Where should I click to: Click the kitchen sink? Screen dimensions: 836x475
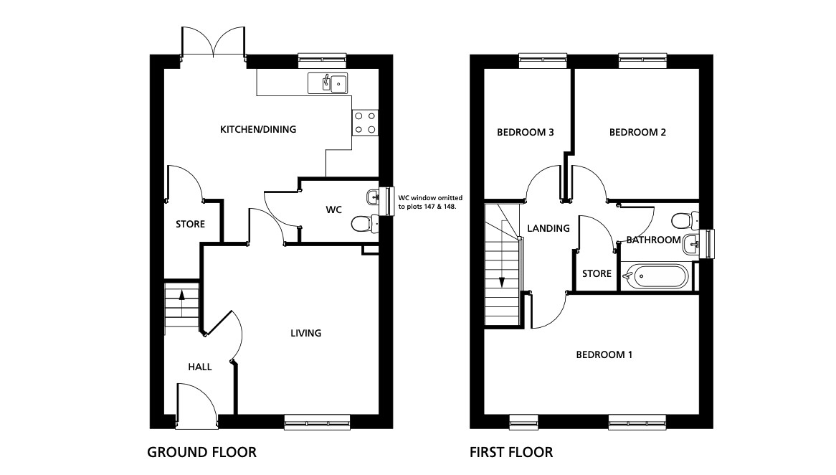tap(328, 83)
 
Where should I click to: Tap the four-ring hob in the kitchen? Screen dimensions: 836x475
tap(365, 123)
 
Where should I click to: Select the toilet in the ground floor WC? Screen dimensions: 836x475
tap(365, 223)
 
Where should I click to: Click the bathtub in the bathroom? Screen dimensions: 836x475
tap(655, 276)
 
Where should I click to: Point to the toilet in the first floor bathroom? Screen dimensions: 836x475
tap(685, 220)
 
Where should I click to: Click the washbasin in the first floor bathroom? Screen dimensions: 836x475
tap(690, 244)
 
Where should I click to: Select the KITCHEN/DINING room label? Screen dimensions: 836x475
tap(258, 129)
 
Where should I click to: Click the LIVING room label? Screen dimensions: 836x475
tap(305, 333)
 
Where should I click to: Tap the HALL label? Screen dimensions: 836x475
tap(200, 367)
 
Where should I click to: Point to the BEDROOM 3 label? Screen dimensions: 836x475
tap(525, 132)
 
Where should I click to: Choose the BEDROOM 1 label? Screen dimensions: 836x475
tap(604, 354)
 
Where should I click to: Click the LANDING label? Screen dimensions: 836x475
tap(548, 228)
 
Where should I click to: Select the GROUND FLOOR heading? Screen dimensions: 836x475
tap(201, 453)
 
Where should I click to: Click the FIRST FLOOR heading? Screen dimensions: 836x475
tap(511, 453)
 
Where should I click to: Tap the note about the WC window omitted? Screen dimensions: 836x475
tap(430, 202)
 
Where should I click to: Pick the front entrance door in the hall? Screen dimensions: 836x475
tap(196, 405)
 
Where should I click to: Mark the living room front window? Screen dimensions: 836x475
tap(317, 422)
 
